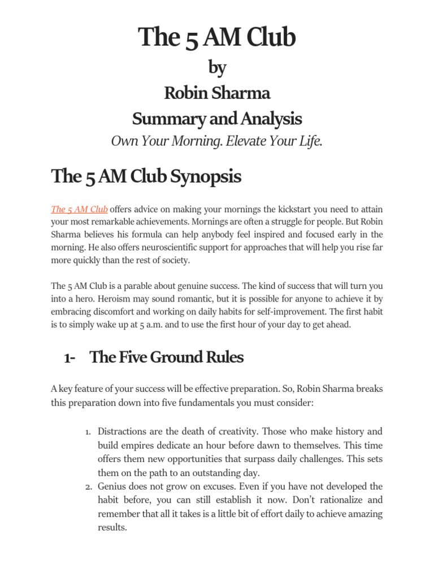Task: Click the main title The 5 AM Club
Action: click(217, 38)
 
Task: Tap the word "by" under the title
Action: click(217, 68)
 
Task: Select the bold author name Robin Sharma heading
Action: click(217, 93)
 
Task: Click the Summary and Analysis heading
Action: click(217, 119)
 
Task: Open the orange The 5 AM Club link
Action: click(79, 209)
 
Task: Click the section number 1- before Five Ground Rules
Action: click(70, 358)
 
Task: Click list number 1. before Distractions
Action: click(88, 432)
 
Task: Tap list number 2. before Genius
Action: click(88, 486)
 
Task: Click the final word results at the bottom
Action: click(112, 527)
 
